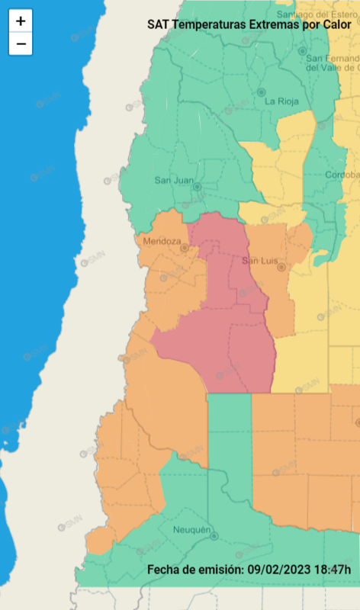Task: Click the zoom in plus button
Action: tap(21, 21)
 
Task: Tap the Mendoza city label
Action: tap(162, 241)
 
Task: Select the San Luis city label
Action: tap(258, 261)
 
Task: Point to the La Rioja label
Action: tap(281, 101)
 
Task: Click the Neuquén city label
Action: tap(191, 530)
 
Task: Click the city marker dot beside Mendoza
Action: tap(184, 248)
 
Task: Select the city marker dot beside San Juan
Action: tap(197, 186)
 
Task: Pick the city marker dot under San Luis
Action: tap(281, 268)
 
